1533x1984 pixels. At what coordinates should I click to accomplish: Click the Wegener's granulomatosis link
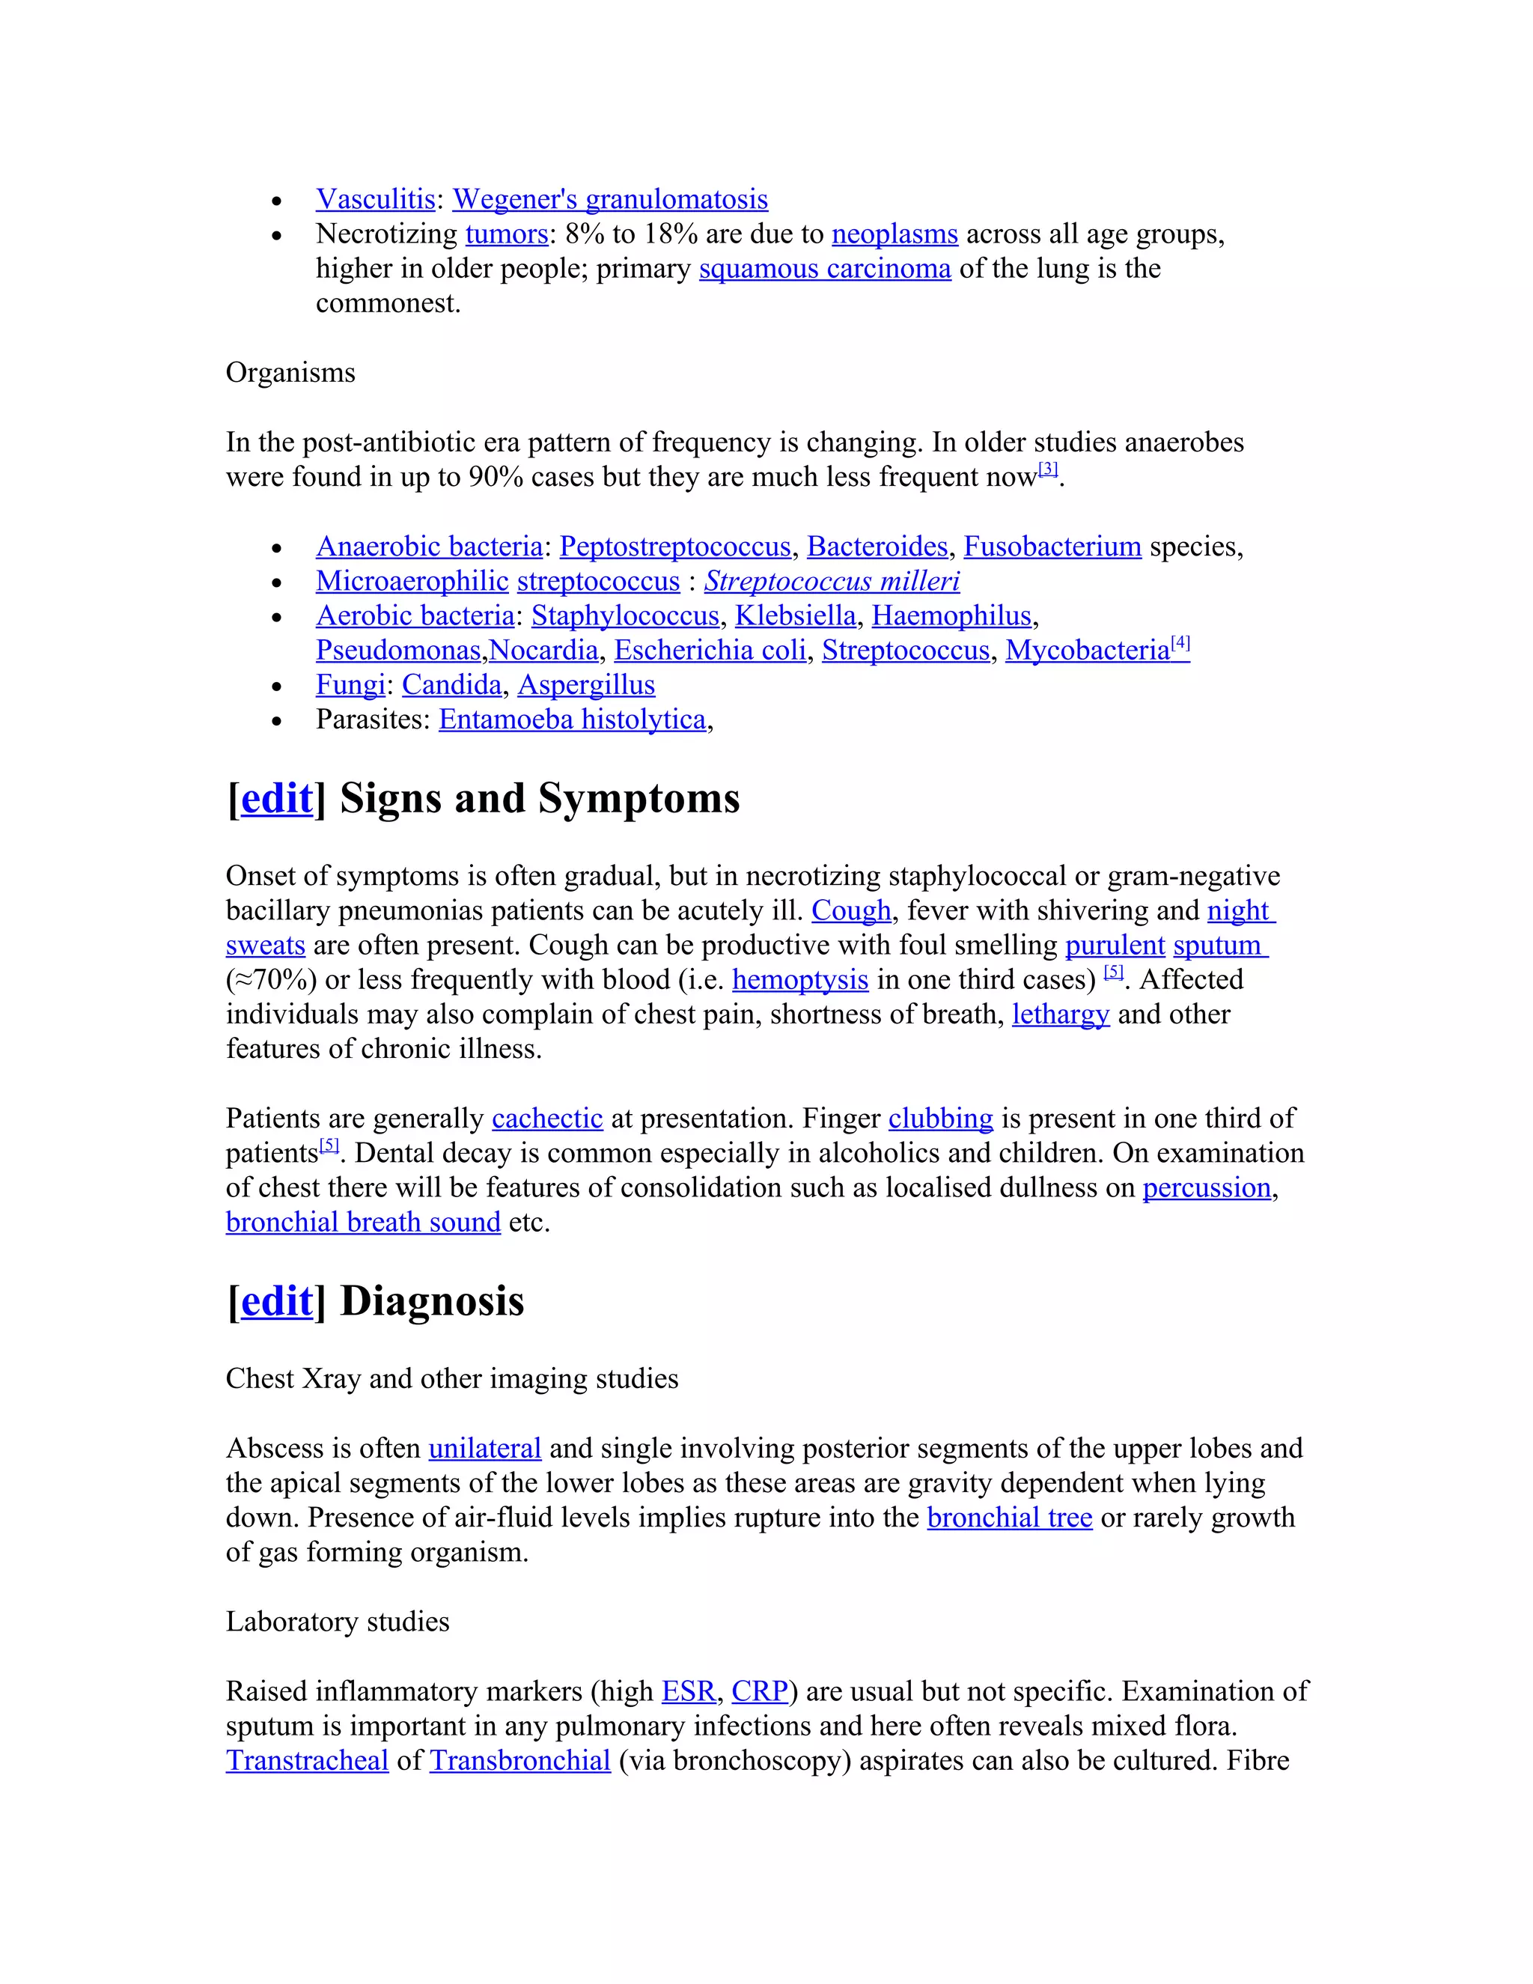(609, 199)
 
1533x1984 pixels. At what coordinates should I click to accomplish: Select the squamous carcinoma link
(825, 269)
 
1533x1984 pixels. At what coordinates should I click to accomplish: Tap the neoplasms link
(894, 234)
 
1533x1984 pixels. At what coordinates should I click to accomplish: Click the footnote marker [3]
(1048, 469)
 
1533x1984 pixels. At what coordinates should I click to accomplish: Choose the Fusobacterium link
(1052, 547)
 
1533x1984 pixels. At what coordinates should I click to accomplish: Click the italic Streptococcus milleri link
(832, 582)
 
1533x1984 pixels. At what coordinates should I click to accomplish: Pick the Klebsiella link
(796, 616)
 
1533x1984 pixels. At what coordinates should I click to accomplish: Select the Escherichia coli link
(710, 651)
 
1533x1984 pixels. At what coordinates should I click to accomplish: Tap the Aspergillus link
(586, 685)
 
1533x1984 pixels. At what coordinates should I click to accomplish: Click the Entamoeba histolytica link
(572, 719)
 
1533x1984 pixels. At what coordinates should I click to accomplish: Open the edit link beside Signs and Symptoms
(277, 800)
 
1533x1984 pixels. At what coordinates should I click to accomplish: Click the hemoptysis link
(800, 980)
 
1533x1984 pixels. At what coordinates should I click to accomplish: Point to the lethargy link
(1061, 1014)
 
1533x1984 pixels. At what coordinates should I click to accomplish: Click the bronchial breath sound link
(363, 1223)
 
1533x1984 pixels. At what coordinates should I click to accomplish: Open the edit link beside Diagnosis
(277, 1302)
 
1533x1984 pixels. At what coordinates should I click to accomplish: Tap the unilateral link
(484, 1448)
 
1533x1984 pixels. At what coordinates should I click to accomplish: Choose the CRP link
(759, 1691)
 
